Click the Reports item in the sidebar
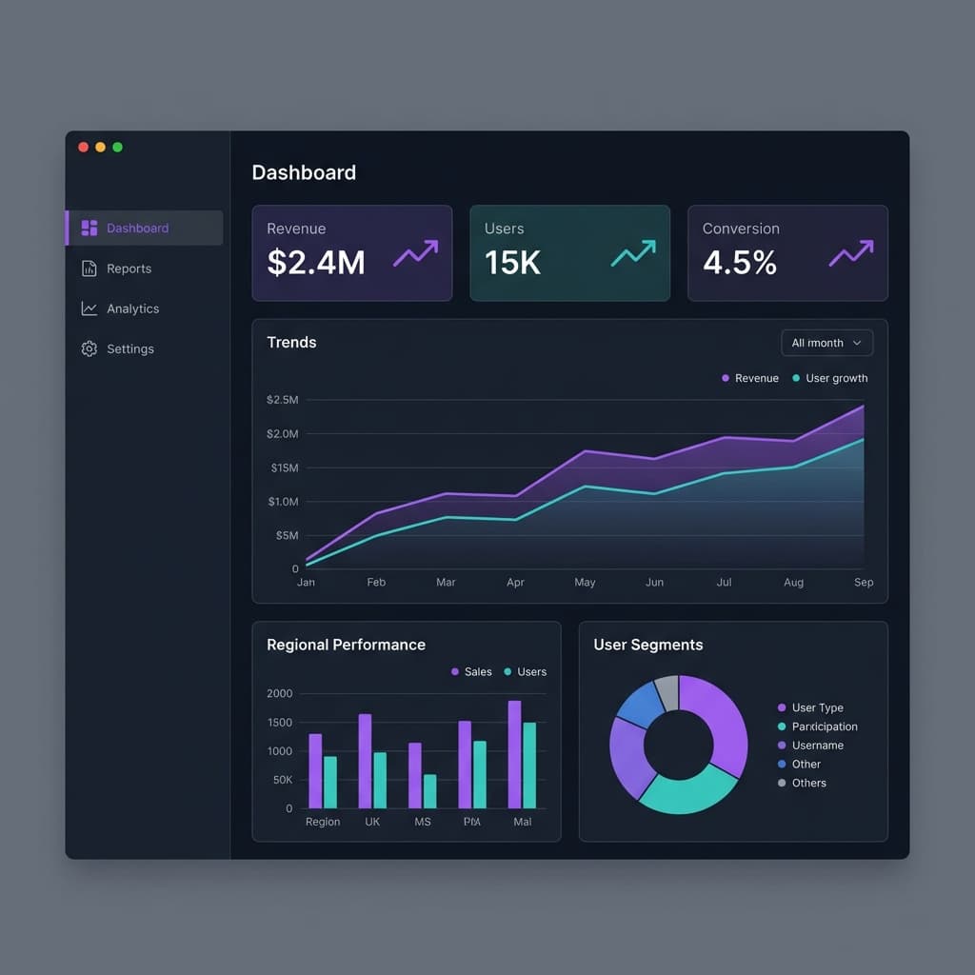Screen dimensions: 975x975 tap(129, 269)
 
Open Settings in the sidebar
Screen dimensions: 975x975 tap(129, 349)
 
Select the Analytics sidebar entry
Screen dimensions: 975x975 tap(132, 308)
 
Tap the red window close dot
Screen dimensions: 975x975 tap(83, 147)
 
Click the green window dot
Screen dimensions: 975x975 tap(117, 147)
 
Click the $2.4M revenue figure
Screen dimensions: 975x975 tap(316, 262)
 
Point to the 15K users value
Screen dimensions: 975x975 tap(512, 262)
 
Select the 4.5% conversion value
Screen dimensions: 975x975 tap(740, 262)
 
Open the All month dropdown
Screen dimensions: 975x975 tap(826, 343)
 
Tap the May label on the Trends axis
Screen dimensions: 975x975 tap(585, 582)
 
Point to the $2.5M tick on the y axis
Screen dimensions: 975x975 tap(283, 400)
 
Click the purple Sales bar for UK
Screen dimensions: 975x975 tap(365, 761)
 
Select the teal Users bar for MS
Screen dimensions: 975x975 tap(429, 790)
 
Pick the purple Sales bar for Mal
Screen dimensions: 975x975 tap(514, 754)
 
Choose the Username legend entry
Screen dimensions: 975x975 tap(817, 746)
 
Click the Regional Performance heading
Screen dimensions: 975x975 tap(346, 645)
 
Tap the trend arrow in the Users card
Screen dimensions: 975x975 tap(633, 253)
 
